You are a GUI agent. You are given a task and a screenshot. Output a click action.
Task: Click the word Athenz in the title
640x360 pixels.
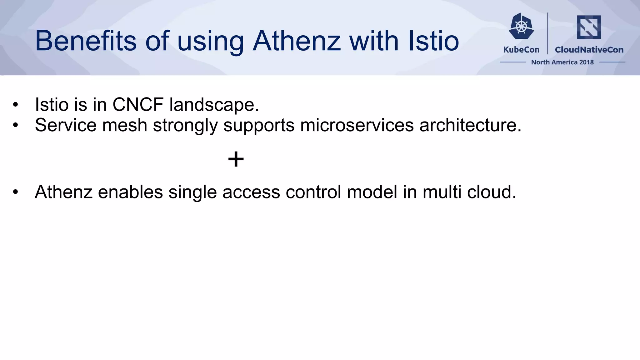(296, 41)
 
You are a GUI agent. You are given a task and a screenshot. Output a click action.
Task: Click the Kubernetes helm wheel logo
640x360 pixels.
(521, 26)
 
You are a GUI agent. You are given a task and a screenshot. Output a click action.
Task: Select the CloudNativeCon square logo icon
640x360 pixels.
(589, 27)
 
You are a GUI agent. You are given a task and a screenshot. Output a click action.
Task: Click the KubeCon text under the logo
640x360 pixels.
(521, 50)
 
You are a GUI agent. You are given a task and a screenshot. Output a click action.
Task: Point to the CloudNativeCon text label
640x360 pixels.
(589, 50)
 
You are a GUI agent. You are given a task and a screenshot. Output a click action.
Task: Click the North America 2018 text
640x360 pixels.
(562, 62)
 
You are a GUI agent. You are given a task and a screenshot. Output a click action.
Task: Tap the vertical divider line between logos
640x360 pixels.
(548, 33)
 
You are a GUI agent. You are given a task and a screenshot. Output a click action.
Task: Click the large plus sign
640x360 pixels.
(236, 159)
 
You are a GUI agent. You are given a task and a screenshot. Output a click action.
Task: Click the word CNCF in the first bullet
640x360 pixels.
(138, 104)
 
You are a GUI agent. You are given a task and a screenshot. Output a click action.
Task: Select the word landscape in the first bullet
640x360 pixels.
(214, 105)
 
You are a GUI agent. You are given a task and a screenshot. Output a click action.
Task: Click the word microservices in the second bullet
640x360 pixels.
(357, 125)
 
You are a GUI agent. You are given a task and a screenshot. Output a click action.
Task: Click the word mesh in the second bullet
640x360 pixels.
(125, 125)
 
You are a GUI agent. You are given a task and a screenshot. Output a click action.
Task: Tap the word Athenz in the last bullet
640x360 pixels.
(63, 192)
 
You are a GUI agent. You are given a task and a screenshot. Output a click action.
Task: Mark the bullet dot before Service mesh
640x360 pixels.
(16, 125)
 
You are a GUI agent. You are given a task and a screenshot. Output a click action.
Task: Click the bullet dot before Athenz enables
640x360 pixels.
(16, 192)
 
